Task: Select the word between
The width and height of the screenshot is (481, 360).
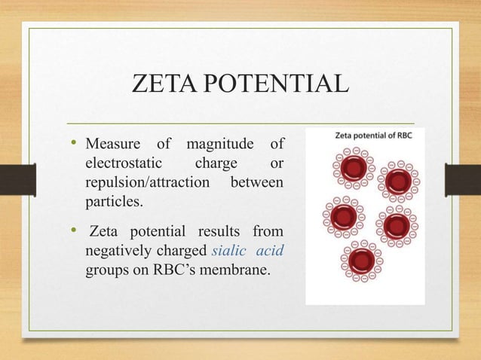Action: coord(259,183)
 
